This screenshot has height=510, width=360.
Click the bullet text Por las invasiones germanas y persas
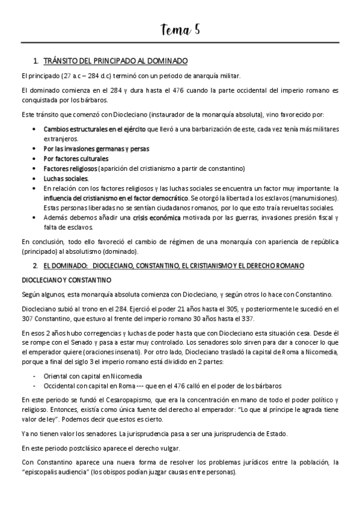(x=97, y=149)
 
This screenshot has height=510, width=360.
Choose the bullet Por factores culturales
(x=76, y=158)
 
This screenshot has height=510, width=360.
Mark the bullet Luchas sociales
(x=66, y=178)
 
